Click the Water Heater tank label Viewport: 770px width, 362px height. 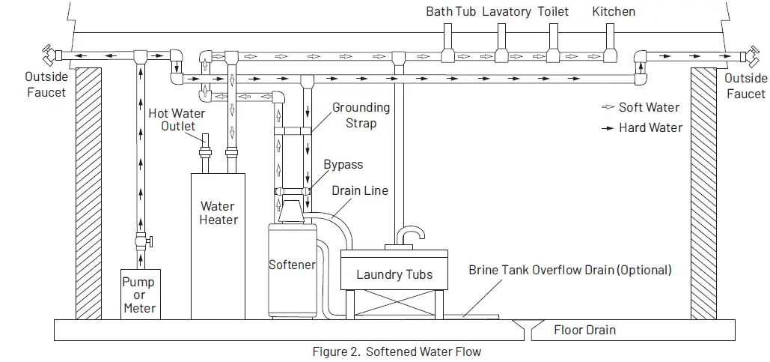(218, 213)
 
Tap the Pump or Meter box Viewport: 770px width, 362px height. (139, 295)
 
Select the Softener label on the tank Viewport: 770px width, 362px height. (292, 265)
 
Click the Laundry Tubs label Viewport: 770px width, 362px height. (394, 274)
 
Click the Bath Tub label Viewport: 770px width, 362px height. (450, 11)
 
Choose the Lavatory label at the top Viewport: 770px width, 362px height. (507, 11)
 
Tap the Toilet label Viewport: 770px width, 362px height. (553, 11)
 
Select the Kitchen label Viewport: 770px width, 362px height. (614, 11)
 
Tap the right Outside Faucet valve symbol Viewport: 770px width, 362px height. (745, 56)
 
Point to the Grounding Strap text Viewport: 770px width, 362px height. (361, 115)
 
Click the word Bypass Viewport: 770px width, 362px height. (343, 165)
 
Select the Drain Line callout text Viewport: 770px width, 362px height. (360, 190)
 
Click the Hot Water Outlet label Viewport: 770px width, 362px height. (177, 119)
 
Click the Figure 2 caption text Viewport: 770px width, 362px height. (397, 351)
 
